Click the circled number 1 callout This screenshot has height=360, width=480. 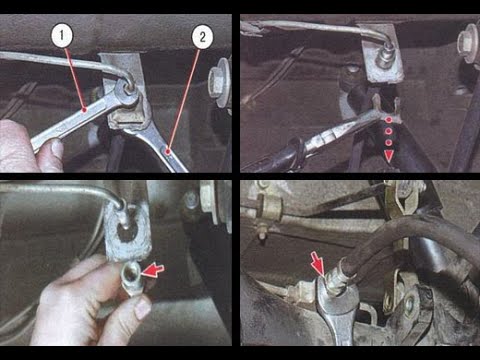tap(62, 36)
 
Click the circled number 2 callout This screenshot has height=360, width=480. tap(202, 37)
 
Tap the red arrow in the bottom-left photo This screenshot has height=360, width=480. tap(153, 270)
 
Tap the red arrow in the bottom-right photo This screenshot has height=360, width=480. tap(317, 263)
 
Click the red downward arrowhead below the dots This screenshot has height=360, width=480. tap(388, 155)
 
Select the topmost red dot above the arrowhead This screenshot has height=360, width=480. tap(389, 120)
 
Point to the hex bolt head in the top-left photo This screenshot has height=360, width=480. tap(217, 81)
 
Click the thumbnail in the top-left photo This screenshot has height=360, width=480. tap(57, 148)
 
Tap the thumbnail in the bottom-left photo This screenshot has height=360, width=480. tap(143, 308)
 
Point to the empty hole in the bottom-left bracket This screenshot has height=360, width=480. tap(126, 234)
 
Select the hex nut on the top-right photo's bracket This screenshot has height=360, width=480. tap(385, 60)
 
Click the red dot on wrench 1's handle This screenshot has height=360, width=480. tap(85, 109)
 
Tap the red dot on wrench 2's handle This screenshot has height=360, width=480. tap(168, 151)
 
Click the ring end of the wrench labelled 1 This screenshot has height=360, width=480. tap(127, 94)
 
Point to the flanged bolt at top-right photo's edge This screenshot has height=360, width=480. tap(469, 43)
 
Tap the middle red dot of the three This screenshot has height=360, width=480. tap(389, 131)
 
